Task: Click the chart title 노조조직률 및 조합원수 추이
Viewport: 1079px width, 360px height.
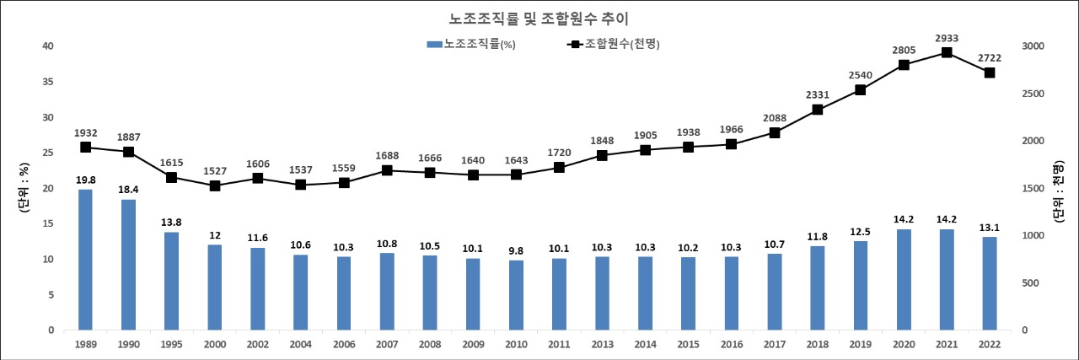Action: tap(539, 18)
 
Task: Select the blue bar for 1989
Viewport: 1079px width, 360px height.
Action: tap(85, 260)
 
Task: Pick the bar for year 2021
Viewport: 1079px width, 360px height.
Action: tap(946, 279)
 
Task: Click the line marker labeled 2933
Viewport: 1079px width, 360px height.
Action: tap(946, 52)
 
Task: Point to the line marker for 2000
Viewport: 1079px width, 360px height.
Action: tap(214, 185)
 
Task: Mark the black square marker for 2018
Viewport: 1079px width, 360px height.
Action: tap(817, 110)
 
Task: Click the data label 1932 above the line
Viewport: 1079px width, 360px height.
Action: tap(85, 132)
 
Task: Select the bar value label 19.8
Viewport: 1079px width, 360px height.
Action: tap(85, 180)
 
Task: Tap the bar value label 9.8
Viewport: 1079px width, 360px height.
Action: tap(515, 250)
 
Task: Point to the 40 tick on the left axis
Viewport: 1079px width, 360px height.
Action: tap(49, 46)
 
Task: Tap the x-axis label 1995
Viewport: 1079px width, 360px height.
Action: tap(171, 343)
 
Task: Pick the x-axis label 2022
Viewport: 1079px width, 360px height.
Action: tap(989, 343)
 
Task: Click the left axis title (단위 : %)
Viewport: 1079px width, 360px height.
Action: tap(24, 187)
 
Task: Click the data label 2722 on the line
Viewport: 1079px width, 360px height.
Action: tap(989, 57)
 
